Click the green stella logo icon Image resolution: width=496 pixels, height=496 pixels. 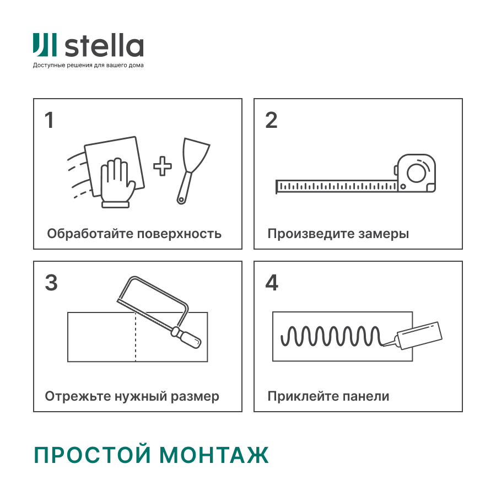click(44, 45)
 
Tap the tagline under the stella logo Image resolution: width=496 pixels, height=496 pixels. click(88, 66)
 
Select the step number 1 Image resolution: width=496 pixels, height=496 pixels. click(50, 120)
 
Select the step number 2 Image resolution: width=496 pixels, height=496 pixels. click(271, 120)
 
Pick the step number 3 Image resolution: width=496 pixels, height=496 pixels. click(51, 283)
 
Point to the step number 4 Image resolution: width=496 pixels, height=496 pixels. click(272, 283)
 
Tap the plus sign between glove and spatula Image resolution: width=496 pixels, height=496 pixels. click(162, 166)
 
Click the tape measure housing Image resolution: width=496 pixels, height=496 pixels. click(415, 172)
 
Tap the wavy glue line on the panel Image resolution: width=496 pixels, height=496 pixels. click(331, 335)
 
